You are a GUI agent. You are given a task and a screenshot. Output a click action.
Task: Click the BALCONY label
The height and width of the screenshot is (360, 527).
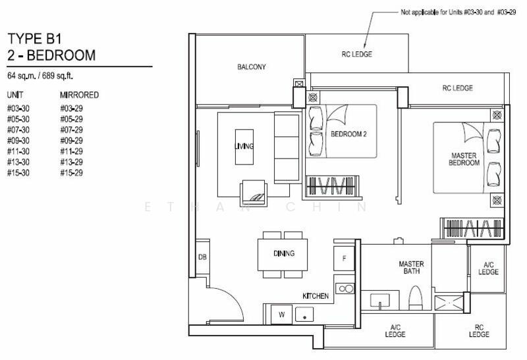point(252,67)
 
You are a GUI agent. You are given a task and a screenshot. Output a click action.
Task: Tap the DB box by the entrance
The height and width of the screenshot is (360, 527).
point(203,257)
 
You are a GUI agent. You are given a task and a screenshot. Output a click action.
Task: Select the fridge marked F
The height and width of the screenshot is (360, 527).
point(344,258)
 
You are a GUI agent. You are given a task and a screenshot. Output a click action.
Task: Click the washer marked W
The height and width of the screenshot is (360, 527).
point(281,315)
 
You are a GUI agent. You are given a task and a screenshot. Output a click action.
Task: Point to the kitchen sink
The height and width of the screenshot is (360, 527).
point(304,315)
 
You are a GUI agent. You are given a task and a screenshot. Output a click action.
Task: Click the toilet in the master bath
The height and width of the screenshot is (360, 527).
point(416,298)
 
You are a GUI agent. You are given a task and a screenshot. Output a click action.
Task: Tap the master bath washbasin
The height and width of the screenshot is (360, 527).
point(380,300)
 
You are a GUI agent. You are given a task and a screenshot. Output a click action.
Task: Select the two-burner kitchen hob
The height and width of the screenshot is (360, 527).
point(345,288)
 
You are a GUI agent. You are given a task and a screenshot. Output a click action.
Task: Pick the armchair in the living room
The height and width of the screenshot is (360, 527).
point(254,193)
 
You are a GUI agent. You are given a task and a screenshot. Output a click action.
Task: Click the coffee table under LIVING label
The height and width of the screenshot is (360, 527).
point(244,147)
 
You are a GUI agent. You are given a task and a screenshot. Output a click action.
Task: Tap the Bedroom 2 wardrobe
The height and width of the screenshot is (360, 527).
point(332,186)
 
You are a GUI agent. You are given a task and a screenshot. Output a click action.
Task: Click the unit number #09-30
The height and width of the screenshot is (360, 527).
point(18,140)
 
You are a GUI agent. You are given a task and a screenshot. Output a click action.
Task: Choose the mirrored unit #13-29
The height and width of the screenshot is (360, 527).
point(71,162)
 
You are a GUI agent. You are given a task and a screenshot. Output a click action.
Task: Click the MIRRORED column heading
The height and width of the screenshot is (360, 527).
point(79,95)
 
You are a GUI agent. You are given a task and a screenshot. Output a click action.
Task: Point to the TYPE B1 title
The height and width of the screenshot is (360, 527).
point(35,39)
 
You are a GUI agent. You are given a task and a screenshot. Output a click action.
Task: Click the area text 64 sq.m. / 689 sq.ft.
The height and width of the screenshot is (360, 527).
point(40,76)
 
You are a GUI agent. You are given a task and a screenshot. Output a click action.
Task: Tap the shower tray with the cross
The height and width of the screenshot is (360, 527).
point(449,303)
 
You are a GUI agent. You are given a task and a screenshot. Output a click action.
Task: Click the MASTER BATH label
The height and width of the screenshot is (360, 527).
point(411,267)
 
